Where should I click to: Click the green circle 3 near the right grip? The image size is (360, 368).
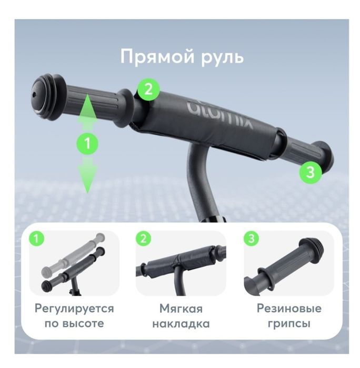(x=310, y=172)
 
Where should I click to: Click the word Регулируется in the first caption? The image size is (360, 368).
(x=74, y=309)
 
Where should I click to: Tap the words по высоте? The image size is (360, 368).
(x=74, y=323)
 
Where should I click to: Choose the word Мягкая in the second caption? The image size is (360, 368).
(x=181, y=309)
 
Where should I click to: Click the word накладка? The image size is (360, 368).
(x=181, y=323)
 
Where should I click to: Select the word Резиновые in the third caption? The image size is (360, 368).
(x=289, y=309)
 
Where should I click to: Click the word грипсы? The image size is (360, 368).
(x=289, y=323)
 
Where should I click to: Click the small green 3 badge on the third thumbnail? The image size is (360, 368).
(x=250, y=240)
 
